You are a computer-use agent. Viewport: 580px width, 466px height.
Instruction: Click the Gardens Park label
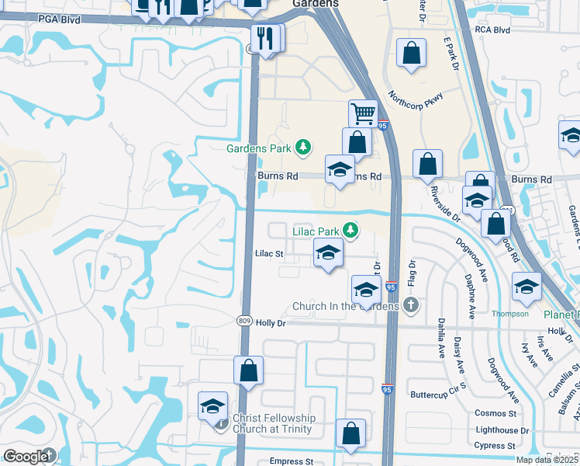pyautogui.click(x=258, y=148)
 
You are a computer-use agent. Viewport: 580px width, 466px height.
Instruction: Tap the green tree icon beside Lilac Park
pyautogui.click(x=351, y=230)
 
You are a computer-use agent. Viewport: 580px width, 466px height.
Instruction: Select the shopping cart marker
pyautogui.click(x=363, y=114)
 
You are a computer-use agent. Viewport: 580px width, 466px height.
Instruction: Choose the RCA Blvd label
pyautogui.click(x=492, y=30)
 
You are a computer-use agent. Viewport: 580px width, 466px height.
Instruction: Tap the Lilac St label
pyautogui.click(x=269, y=253)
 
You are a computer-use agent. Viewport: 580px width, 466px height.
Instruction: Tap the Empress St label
pyautogui.click(x=291, y=461)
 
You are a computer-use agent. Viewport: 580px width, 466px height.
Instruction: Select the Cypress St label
pyautogui.click(x=495, y=446)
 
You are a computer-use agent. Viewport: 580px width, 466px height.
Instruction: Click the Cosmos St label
pyautogui.click(x=496, y=413)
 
